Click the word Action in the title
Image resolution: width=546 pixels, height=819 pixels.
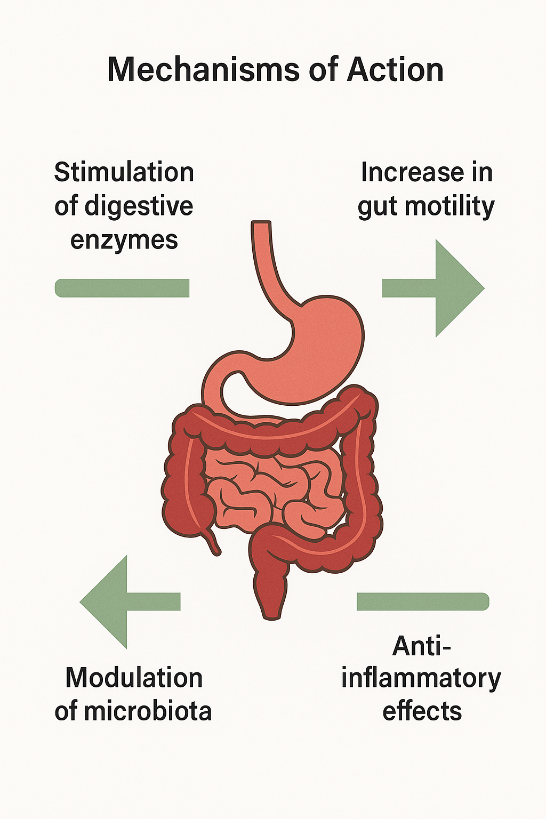(395, 70)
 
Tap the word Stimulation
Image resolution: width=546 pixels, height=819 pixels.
(124, 173)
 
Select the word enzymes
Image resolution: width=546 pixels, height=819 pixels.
(124, 240)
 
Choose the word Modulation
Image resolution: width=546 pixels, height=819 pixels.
(134, 678)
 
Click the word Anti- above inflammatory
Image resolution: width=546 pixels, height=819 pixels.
(421, 646)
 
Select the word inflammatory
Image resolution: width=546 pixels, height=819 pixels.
(421, 679)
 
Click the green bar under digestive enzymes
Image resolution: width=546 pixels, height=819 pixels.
(122, 288)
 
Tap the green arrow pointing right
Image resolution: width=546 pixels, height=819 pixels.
(437, 288)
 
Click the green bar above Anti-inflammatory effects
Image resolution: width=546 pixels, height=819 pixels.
(422, 601)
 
